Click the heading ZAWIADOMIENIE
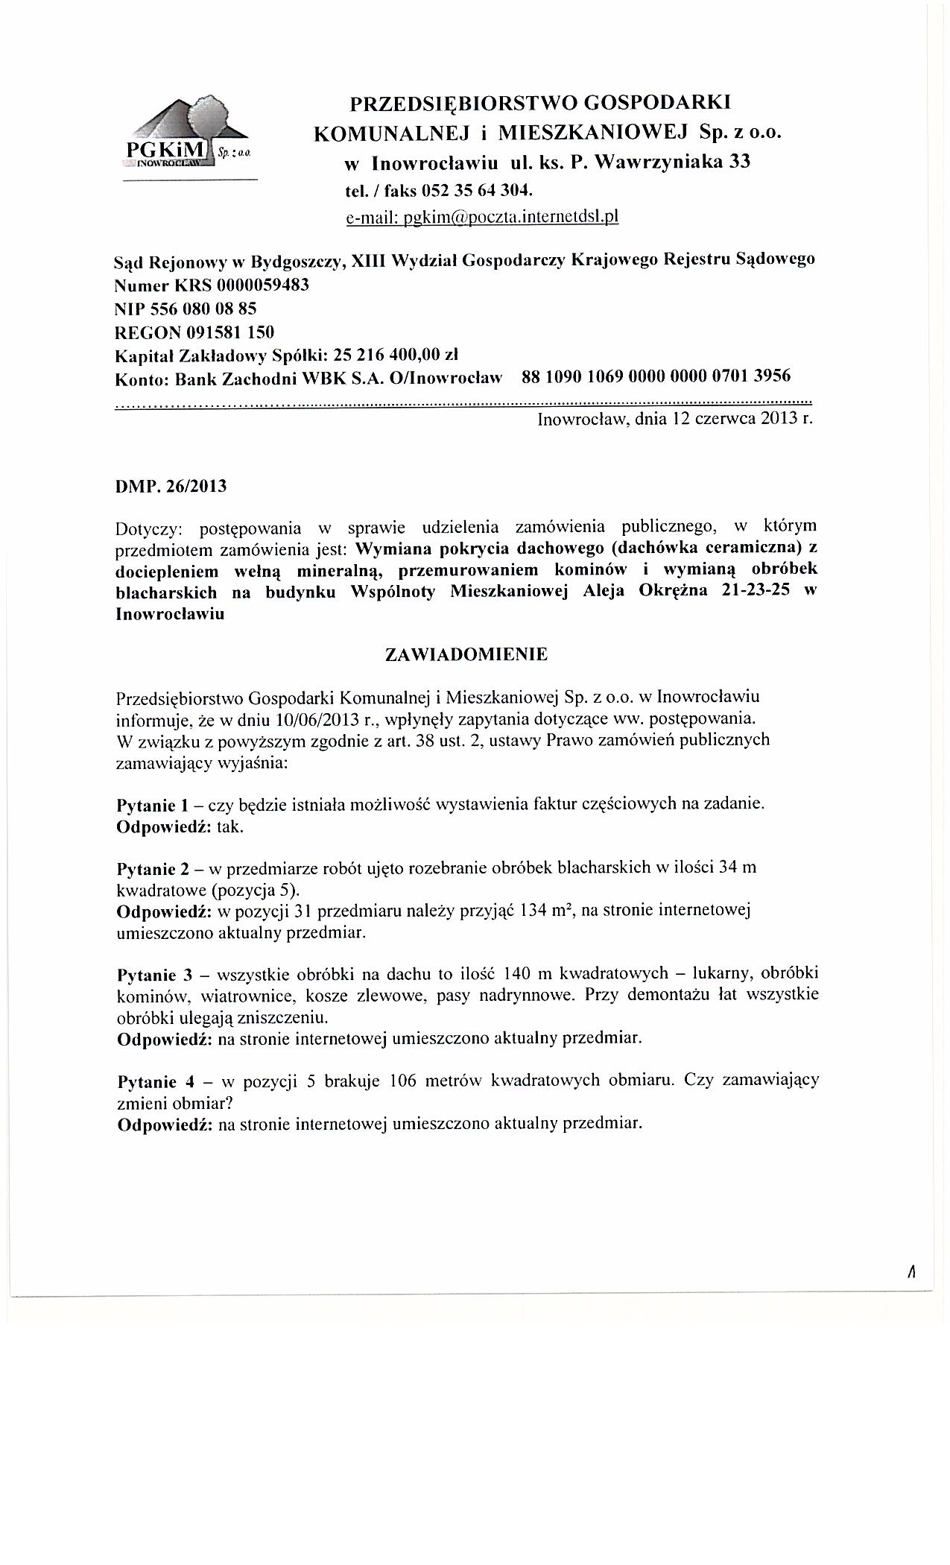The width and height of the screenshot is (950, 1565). point(466,654)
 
